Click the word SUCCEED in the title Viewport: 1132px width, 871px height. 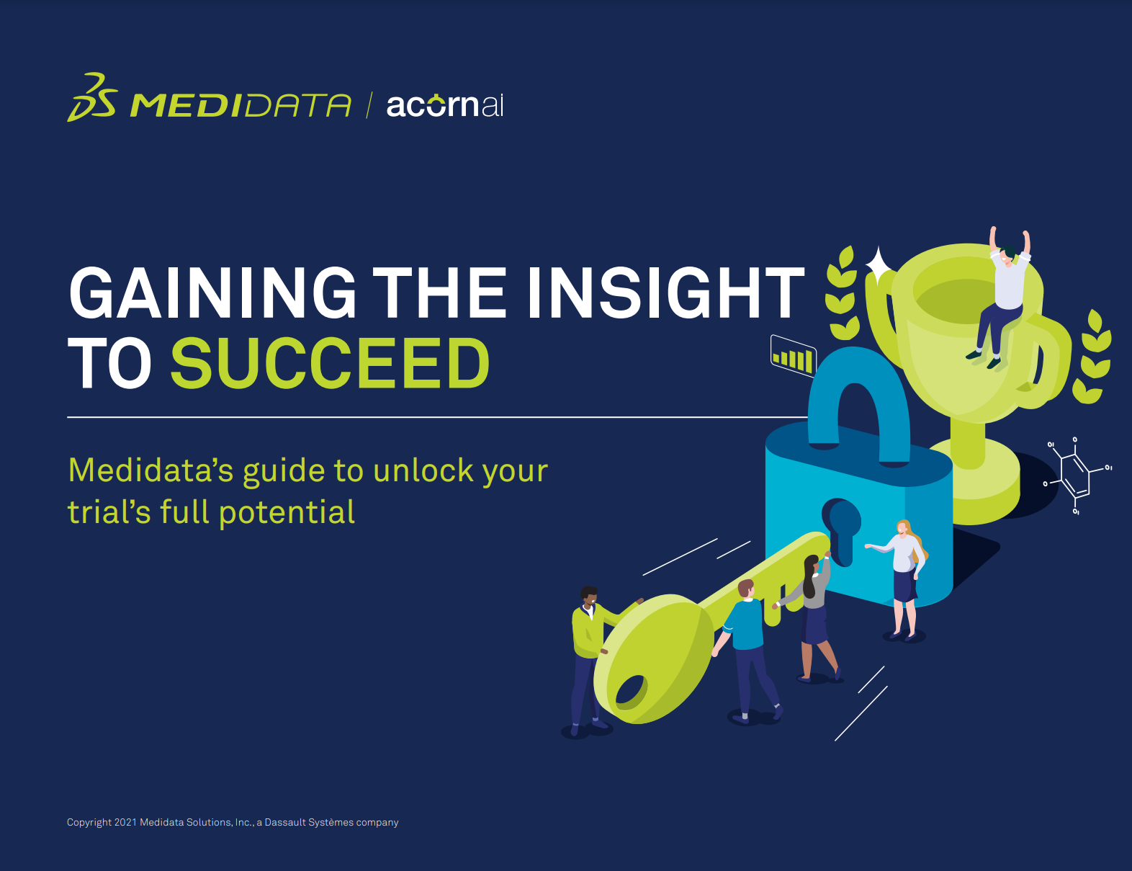click(331, 363)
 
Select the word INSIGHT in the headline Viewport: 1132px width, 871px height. click(666, 292)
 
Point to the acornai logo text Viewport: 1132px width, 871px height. click(445, 104)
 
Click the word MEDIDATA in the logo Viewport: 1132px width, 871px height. click(240, 105)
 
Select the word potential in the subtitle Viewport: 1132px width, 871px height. click(287, 513)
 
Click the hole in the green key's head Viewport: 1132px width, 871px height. click(632, 692)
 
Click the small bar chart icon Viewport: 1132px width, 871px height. click(794, 356)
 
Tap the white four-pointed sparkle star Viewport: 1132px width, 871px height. click(879, 265)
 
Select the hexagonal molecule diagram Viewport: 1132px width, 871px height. click(1076, 475)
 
